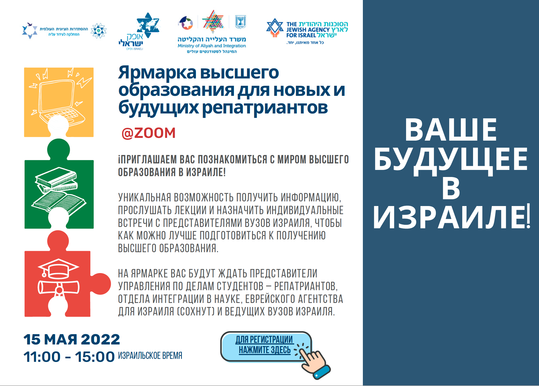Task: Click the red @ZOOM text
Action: click(148, 133)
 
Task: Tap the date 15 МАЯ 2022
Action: click(72, 339)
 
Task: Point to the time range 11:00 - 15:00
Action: click(69, 357)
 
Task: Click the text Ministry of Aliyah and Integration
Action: click(212, 46)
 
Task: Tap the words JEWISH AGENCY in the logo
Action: click(308, 30)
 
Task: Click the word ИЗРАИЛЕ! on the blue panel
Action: click(451, 217)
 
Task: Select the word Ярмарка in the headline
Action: click(157, 73)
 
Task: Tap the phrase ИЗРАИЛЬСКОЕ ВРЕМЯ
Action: click(150, 356)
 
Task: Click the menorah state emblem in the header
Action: click(240, 22)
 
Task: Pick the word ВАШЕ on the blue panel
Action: click(451, 130)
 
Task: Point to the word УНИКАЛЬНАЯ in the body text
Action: click(145, 198)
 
